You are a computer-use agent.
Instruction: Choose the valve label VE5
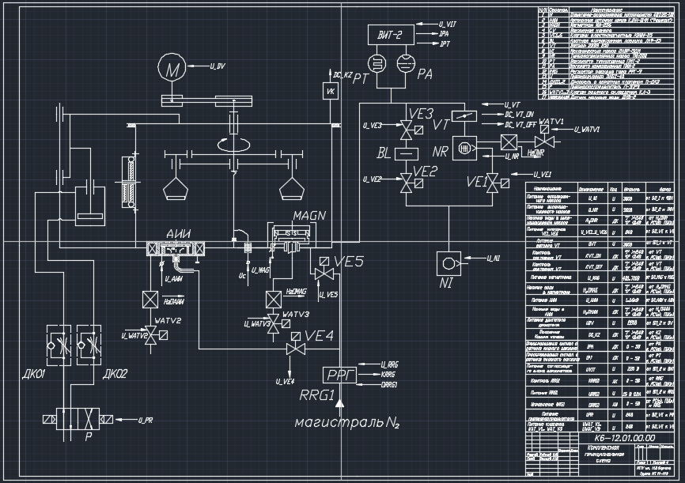(x=348, y=262)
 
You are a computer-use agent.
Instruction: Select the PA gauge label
(x=425, y=74)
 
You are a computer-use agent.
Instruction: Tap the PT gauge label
(x=361, y=76)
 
